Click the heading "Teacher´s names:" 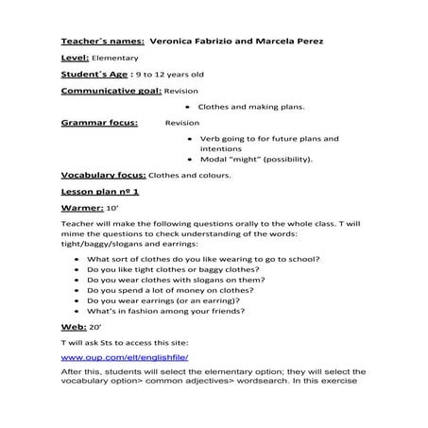point(102,42)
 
